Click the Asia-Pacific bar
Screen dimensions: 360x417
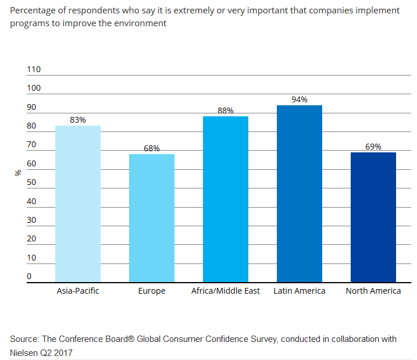(78, 204)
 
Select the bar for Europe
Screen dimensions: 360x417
(152, 218)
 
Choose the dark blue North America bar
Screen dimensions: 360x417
(373, 217)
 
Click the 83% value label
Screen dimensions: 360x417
(78, 120)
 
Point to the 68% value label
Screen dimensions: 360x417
(152, 148)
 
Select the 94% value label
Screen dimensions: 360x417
(300, 99)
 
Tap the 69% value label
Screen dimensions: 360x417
(373, 147)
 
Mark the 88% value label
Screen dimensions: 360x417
(226, 111)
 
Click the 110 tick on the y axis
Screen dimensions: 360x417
(34, 69)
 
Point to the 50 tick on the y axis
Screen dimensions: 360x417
(31, 183)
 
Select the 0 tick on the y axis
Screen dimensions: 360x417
(29, 277)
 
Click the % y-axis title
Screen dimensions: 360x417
(18, 173)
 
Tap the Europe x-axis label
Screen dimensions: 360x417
(152, 291)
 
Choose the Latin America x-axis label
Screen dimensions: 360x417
(300, 291)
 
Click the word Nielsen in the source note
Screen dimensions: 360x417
(24, 352)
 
